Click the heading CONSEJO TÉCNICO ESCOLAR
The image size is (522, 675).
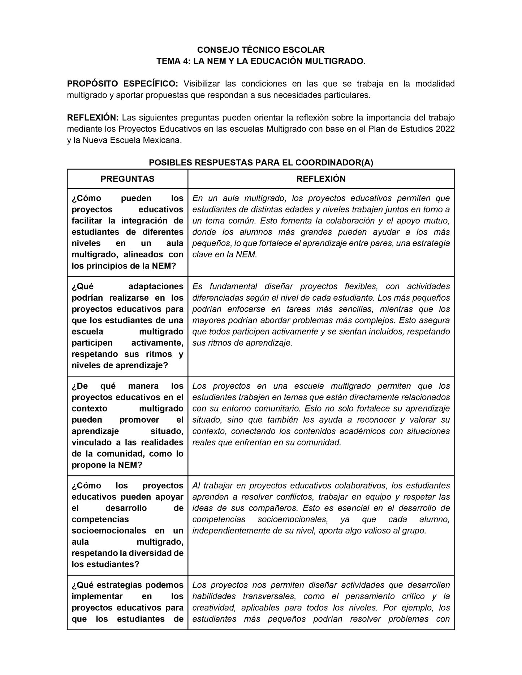coord(260,50)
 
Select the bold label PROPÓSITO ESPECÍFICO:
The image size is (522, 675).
coord(122,84)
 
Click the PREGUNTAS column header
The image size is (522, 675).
coord(127,179)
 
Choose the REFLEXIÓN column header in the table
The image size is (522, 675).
coord(321,179)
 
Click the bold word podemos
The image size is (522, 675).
coord(167,585)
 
